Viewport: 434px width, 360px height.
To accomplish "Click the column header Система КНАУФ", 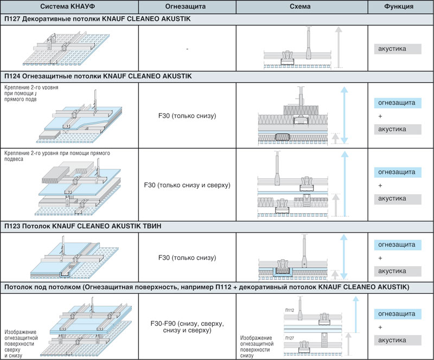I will coord(69,7).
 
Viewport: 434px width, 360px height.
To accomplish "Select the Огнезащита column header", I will coord(187,7).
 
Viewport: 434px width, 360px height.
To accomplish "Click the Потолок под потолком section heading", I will coord(206,286).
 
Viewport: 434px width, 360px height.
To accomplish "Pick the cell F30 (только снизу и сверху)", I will coord(187,185).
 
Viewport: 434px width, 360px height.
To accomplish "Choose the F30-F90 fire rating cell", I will coord(187,327).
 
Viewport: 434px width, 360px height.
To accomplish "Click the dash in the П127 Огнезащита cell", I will coord(187,49).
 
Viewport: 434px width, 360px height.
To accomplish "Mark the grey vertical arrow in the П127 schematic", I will coord(337,47).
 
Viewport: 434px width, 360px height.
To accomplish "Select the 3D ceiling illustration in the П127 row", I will coord(68,49).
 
